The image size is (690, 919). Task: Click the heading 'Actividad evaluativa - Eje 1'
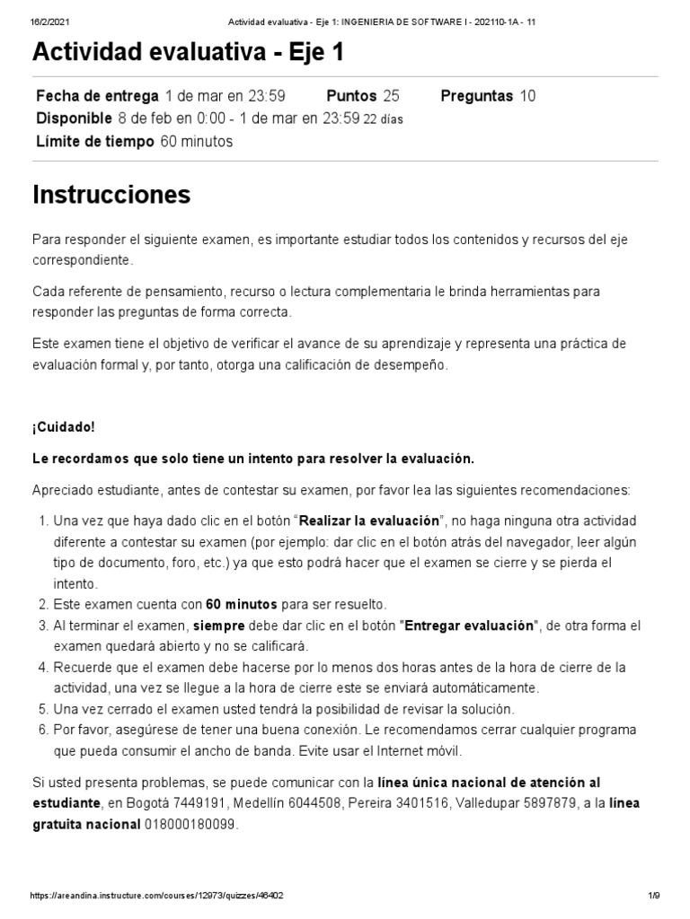188,55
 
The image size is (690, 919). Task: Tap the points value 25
391,96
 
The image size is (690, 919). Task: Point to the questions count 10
527,96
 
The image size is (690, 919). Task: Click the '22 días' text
383,119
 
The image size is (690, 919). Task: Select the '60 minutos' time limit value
196,141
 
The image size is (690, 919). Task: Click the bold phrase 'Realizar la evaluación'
369,521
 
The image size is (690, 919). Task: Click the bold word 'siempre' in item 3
219,626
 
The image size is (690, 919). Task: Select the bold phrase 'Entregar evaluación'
470,626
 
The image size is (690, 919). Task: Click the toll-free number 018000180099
190,824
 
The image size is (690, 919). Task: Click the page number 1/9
652,896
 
